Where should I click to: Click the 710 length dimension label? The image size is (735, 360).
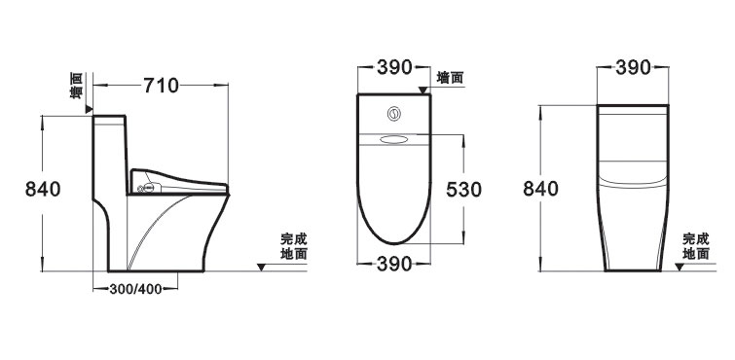coord(161,86)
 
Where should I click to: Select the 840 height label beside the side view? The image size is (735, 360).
coord(43,189)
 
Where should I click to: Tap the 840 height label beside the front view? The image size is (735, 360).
coord(541,189)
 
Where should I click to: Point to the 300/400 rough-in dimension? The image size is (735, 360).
coord(135,289)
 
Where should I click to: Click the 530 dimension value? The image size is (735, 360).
coord(464,190)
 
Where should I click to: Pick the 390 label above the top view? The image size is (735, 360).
coord(394,67)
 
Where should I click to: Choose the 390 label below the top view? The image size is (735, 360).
coord(394,265)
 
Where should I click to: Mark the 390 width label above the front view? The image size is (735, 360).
coord(634,68)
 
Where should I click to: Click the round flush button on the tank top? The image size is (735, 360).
coord(394,114)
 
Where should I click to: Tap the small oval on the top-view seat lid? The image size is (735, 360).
coord(394,139)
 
